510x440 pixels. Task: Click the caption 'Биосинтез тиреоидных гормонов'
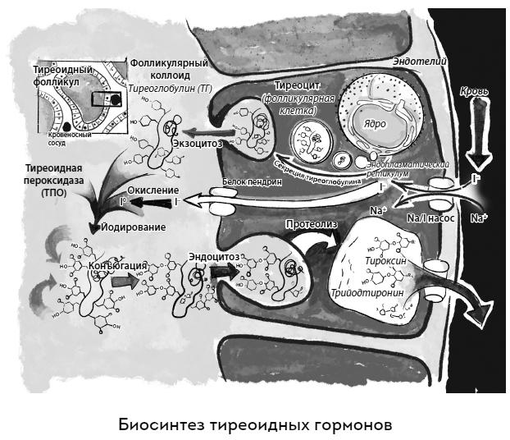[255, 425]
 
